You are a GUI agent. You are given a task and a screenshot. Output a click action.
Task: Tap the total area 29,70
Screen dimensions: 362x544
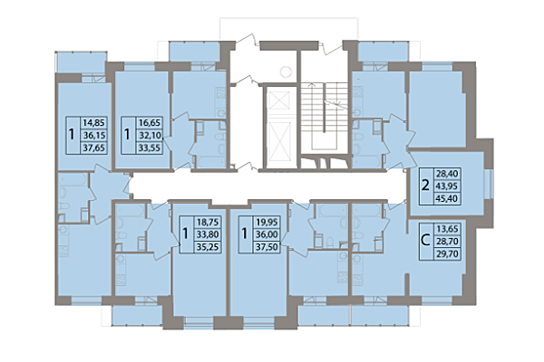pyautogui.click(x=451, y=257)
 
